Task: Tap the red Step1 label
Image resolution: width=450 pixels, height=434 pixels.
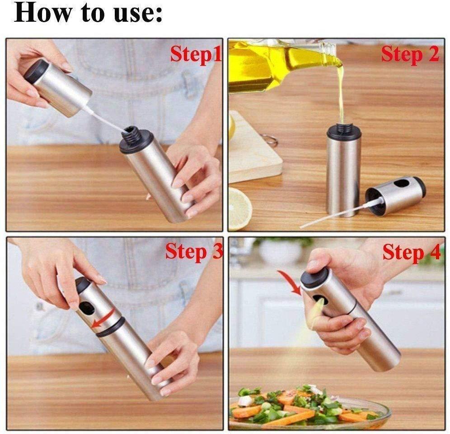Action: pos(196,54)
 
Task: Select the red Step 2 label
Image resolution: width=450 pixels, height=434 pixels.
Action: pos(410,54)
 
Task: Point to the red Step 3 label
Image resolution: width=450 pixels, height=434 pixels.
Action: pos(194,252)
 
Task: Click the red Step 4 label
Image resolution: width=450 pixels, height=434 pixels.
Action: pos(412,253)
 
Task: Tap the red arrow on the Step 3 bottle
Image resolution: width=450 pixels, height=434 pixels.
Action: pos(104,319)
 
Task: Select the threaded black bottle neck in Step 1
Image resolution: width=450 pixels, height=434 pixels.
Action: pos(132,134)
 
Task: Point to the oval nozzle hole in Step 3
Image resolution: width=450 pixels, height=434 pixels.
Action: pos(86,308)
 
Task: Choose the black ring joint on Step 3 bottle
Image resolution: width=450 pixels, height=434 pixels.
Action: pos(111,327)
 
